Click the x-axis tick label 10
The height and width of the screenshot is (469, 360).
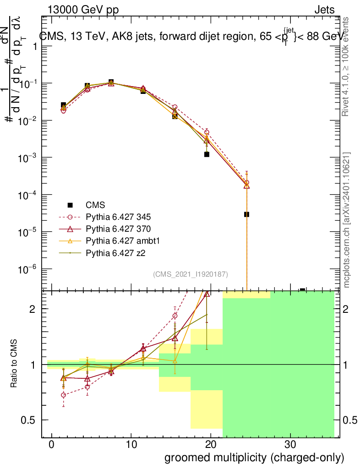pos(131,445)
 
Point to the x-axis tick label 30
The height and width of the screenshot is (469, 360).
pos(290,445)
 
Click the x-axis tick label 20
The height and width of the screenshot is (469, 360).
pos(211,445)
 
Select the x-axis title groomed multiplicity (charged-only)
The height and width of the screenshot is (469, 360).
pos(254,458)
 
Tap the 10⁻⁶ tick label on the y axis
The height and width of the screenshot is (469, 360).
pos(29,269)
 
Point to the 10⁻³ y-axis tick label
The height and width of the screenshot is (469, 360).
pos(29,158)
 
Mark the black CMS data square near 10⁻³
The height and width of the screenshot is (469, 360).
pos(207,154)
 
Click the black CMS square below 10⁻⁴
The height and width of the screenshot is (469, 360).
pos(246,214)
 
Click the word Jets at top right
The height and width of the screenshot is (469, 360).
pos(324,10)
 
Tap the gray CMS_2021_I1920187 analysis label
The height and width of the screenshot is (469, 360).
pos(191,274)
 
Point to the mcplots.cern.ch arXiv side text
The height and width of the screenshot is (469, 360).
pos(347,220)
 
